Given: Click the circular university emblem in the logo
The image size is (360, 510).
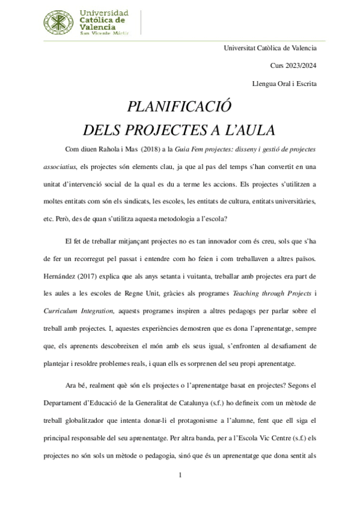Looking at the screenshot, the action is pos(57,23).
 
